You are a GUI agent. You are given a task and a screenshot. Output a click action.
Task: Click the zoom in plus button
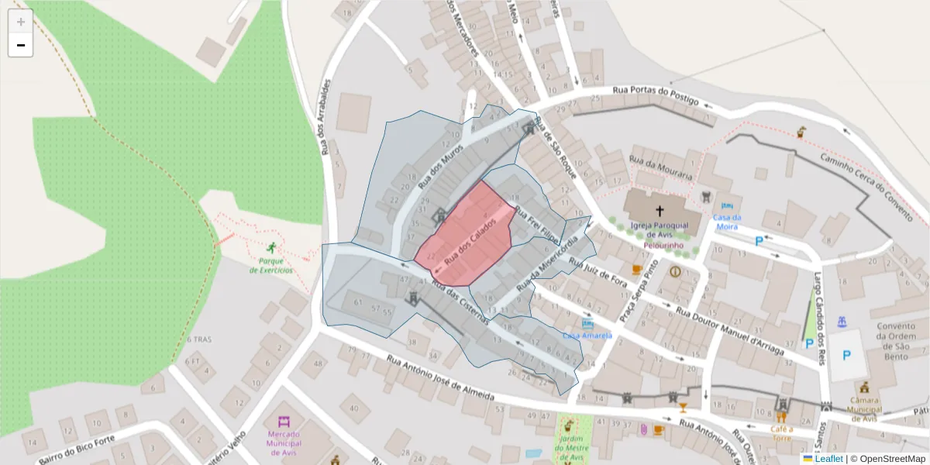tap(21, 22)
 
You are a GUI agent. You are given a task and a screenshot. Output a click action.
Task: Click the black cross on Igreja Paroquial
tap(660, 210)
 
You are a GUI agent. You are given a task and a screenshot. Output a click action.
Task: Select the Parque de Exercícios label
tap(271, 266)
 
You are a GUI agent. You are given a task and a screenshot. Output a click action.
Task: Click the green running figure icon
tap(271, 248)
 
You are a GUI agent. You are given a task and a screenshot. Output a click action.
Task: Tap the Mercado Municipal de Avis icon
tap(283, 423)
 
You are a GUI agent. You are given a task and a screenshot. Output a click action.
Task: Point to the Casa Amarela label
tap(587, 336)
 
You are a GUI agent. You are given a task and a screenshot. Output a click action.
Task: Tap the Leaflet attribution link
tap(828, 459)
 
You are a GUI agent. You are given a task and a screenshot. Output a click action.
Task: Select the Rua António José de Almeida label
tap(440, 377)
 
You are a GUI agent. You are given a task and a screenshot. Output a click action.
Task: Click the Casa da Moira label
tap(727, 222)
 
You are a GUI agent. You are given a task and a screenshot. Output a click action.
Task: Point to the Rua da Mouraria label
tap(659, 167)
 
